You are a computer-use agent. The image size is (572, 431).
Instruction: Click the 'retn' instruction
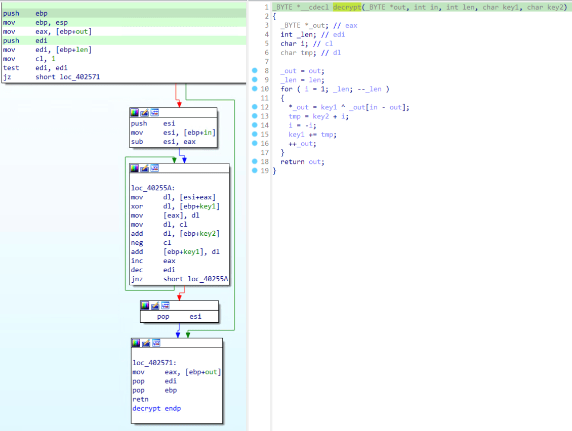[x=140, y=399]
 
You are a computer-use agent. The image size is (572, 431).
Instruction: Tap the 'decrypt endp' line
[x=156, y=408]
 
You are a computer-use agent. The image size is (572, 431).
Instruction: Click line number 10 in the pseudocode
[x=265, y=89]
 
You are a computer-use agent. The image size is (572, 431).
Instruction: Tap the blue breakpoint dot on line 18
[x=255, y=161]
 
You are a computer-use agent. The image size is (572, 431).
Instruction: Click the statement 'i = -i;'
[x=302, y=125]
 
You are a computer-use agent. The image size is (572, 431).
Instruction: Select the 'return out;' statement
[x=302, y=162]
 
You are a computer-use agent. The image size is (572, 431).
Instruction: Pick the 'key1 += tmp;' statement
[x=312, y=135]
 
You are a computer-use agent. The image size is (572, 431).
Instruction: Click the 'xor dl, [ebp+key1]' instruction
[x=175, y=206]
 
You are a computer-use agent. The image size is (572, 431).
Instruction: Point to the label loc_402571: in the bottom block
[x=154, y=363]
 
